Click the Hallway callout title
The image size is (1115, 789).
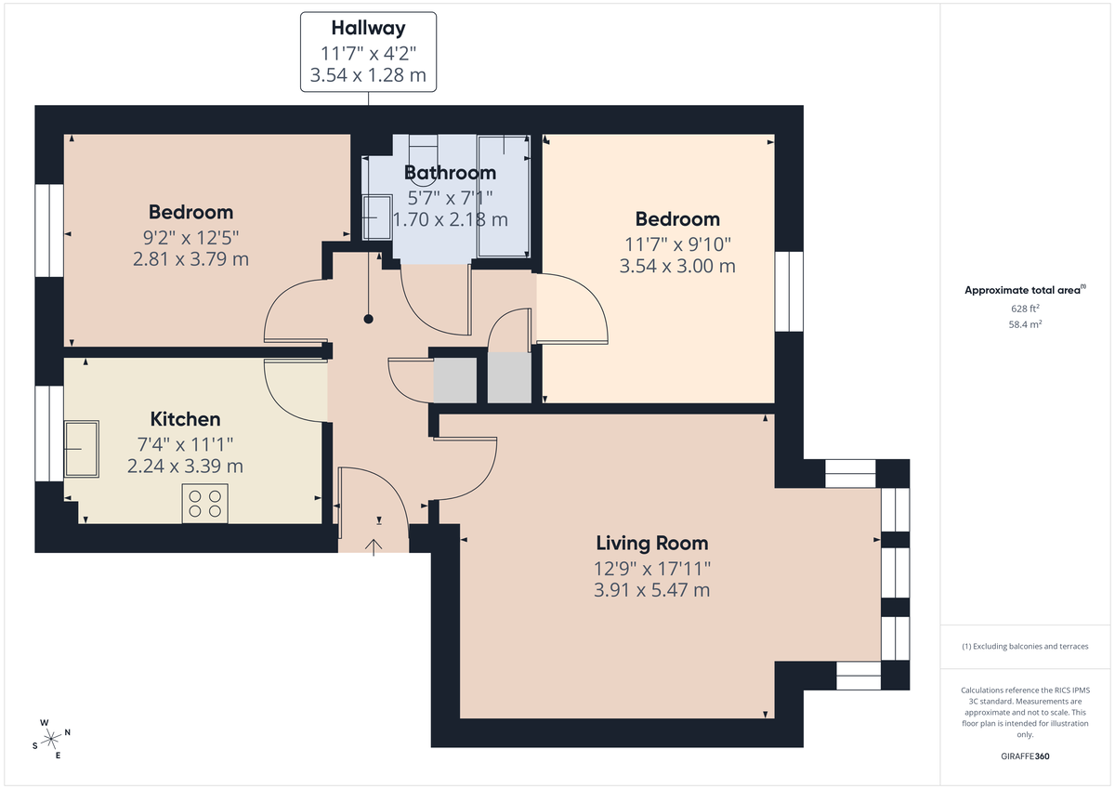pyautogui.click(x=369, y=28)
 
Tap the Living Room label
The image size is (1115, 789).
pyautogui.click(x=651, y=543)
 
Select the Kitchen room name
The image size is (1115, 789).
pyautogui.click(x=186, y=419)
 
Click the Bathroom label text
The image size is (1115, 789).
pyautogui.click(x=450, y=173)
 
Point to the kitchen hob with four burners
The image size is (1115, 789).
pyautogui.click(x=205, y=503)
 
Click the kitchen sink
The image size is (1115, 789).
pyautogui.click(x=82, y=449)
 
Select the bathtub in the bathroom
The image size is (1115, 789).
pyautogui.click(x=503, y=196)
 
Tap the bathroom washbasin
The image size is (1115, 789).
pyautogui.click(x=376, y=217)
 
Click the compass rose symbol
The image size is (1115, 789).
pyautogui.click(x=52, y=738)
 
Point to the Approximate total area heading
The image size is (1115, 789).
pyautogui.click(x=1022, y=290)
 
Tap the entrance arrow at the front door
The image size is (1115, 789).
pyautogui.click(x=375, y=546)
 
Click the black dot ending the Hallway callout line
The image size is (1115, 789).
pyautogui.click(x=369, y=319)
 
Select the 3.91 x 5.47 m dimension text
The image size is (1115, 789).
pyautogui.click(x=652, y=589)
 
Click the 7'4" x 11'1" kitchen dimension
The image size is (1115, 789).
pyautogui.click(x=186, y=443)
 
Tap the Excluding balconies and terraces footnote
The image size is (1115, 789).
pyautogui.click(x=1024, y=646)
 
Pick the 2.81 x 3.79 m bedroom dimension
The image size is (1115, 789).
pyautogui.click(x=190, y=258)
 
